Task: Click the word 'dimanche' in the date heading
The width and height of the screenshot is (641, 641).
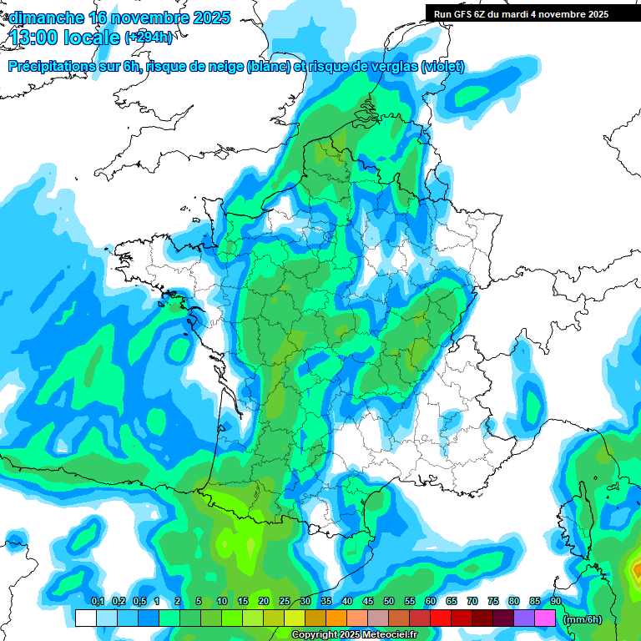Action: pyautogui.click(x=45, y=18)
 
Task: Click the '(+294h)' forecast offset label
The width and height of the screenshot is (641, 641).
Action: pyautogui.click(x=148, y=38)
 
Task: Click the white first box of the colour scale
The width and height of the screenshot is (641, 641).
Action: pyautogui.click(x=85, y=618)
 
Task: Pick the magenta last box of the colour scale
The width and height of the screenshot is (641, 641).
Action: pyautogui.click(x=545, y=618)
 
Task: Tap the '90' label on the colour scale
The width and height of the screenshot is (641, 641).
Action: pyautogui.click(x=556, y=602)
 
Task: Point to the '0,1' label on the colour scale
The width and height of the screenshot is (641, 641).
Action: pyautogui.click(x=97, y=602)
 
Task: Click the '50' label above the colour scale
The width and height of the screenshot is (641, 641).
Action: pyautogui.click(x=389, y=602)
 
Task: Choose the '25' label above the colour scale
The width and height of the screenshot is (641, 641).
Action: pyautogui.click(x=285, y=602)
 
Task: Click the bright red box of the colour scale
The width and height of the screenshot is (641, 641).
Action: pyautogui.click(x=441, y=618)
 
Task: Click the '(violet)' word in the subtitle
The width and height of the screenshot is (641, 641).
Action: pyautogui.click(x=443, y=67)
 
